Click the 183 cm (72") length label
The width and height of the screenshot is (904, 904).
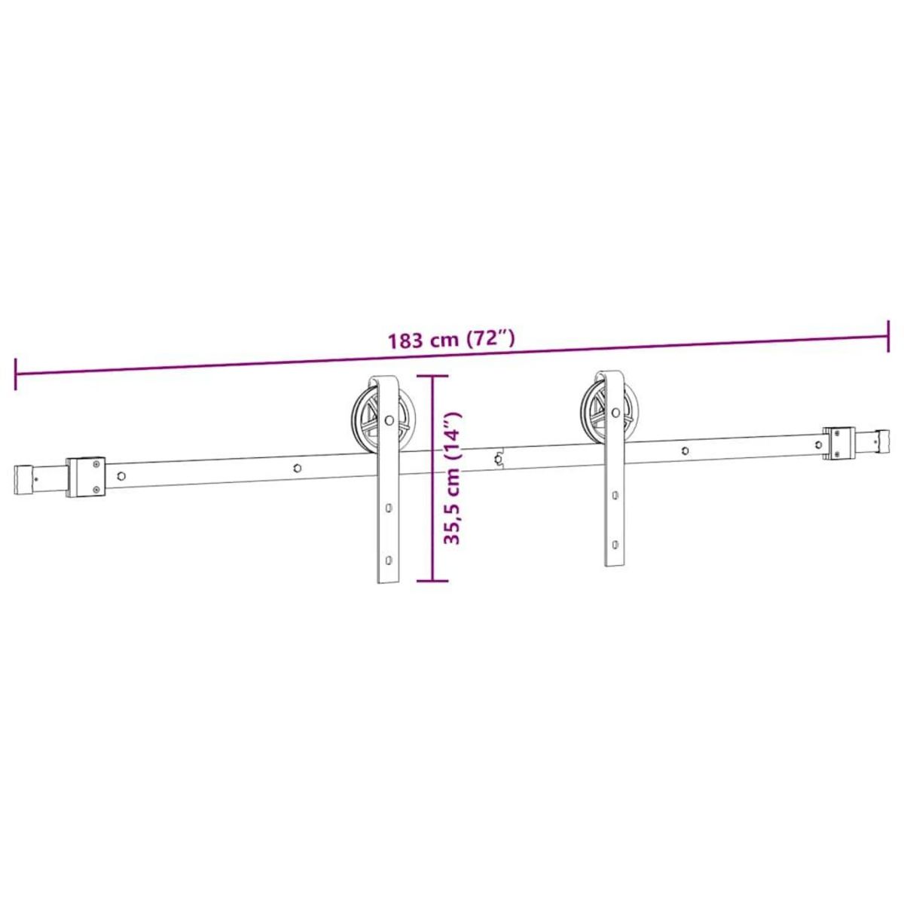451,339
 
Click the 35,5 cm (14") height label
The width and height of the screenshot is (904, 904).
451,478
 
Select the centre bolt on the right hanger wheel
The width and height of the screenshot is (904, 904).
617,413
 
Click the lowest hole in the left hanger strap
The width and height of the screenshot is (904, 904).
389,560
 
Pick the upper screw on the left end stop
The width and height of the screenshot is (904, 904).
96,465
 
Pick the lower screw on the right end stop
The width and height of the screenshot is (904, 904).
835,452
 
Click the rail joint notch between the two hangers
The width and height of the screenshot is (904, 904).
498,458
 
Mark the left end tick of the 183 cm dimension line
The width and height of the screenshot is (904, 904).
15,374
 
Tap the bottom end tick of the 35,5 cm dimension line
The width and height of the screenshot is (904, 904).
432,580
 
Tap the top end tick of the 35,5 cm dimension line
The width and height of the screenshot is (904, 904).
432,375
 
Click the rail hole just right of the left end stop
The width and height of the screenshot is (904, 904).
121,476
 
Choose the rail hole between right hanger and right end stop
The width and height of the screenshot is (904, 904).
684,451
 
